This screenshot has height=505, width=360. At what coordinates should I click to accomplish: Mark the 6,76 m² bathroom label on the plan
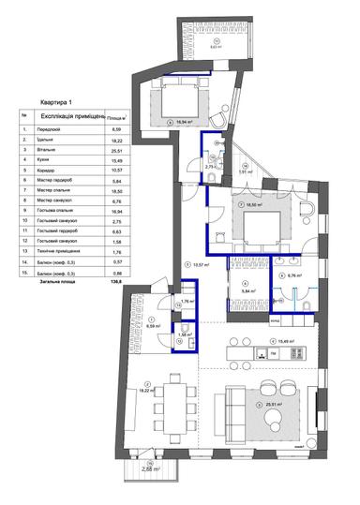coord(299,276)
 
